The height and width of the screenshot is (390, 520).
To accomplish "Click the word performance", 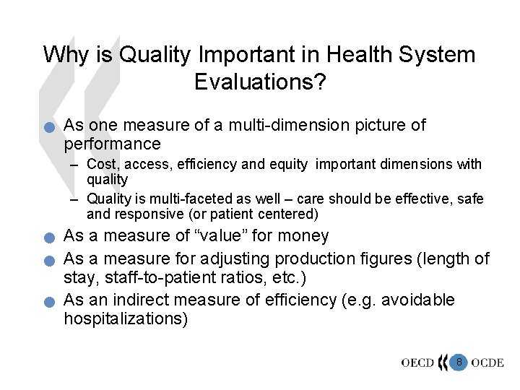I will point(112,144).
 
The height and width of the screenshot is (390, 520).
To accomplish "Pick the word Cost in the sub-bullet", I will point(101,165).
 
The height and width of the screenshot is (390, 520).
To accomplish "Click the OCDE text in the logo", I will point(487,362).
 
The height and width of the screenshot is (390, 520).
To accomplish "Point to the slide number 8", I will point(458,360).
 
